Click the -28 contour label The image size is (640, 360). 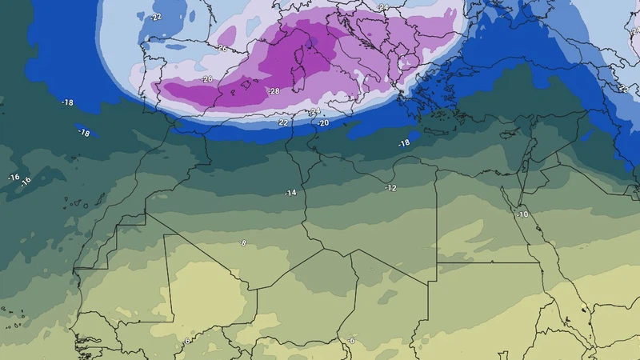tap(274, 91)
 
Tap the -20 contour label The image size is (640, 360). tap(322, 123)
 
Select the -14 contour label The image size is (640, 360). tap(290, 193)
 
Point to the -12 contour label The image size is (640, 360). tap(390, 188)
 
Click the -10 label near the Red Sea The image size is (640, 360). tap(522, 215)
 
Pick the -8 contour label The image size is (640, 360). tap(242, 242)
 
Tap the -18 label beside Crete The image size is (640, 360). tap(403, 143)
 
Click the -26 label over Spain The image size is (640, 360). tap(207, 79)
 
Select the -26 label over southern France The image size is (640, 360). tap(221, 49)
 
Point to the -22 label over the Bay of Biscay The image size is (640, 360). tap(156, 17)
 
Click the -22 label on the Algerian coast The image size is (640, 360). tap(282, 123)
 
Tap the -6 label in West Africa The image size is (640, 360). tap(186, 342)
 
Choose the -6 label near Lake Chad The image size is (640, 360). tap(350, 342)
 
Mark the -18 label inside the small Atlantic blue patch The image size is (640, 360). tap(84, 133)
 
